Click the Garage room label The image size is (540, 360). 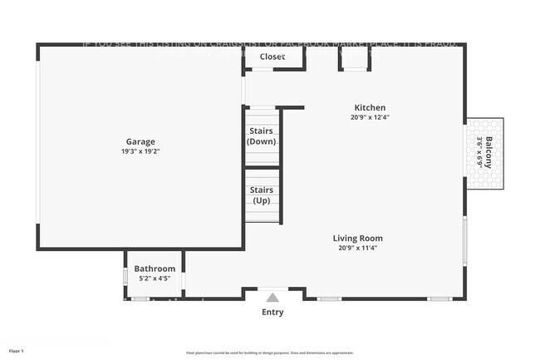[140, 141]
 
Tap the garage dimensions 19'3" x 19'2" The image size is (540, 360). [140, 152]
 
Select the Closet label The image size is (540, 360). [272, 57]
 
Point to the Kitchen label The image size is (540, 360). [370, 108]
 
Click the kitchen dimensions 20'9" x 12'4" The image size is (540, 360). [370, 118]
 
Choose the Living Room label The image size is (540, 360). [360, 238]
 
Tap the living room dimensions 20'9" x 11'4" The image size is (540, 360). [360, 248]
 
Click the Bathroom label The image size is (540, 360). [155, 269]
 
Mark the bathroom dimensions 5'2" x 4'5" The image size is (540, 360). [155, 278]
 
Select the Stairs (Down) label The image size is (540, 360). [263, 136]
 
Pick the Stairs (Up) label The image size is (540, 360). [263, 195]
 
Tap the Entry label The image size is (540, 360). [272, 313]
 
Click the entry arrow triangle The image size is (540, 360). [272, 296]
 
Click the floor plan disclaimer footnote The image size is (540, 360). [270, 353]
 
